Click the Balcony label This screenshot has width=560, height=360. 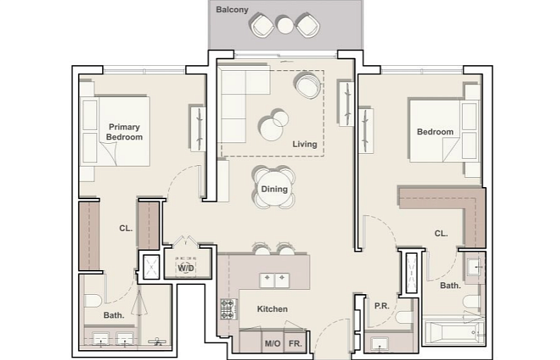point(232,10)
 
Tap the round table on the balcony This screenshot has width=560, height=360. point(286,26)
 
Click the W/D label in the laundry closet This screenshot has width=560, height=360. point(186,267)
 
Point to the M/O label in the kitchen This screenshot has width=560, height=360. point(272,344)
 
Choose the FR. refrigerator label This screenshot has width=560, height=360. point(296,344)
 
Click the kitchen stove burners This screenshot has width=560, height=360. point(228,309)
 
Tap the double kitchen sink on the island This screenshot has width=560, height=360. point(274,281)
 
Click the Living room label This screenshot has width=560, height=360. point(305,144)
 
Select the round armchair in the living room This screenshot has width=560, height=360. point(308,85)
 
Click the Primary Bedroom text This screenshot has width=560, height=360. point(124,132)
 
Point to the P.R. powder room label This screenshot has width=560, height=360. point(382,306)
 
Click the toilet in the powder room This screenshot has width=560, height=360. point(405,317)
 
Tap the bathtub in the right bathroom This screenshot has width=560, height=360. point(454,332)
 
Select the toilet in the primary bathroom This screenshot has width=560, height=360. point(93,300)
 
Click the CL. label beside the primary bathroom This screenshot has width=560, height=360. point(125,228)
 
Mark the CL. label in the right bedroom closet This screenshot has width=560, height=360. point(441,234)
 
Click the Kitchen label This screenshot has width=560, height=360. point(272,309)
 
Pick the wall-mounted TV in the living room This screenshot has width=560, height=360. point(347,103)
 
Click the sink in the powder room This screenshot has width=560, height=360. point(379,344)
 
